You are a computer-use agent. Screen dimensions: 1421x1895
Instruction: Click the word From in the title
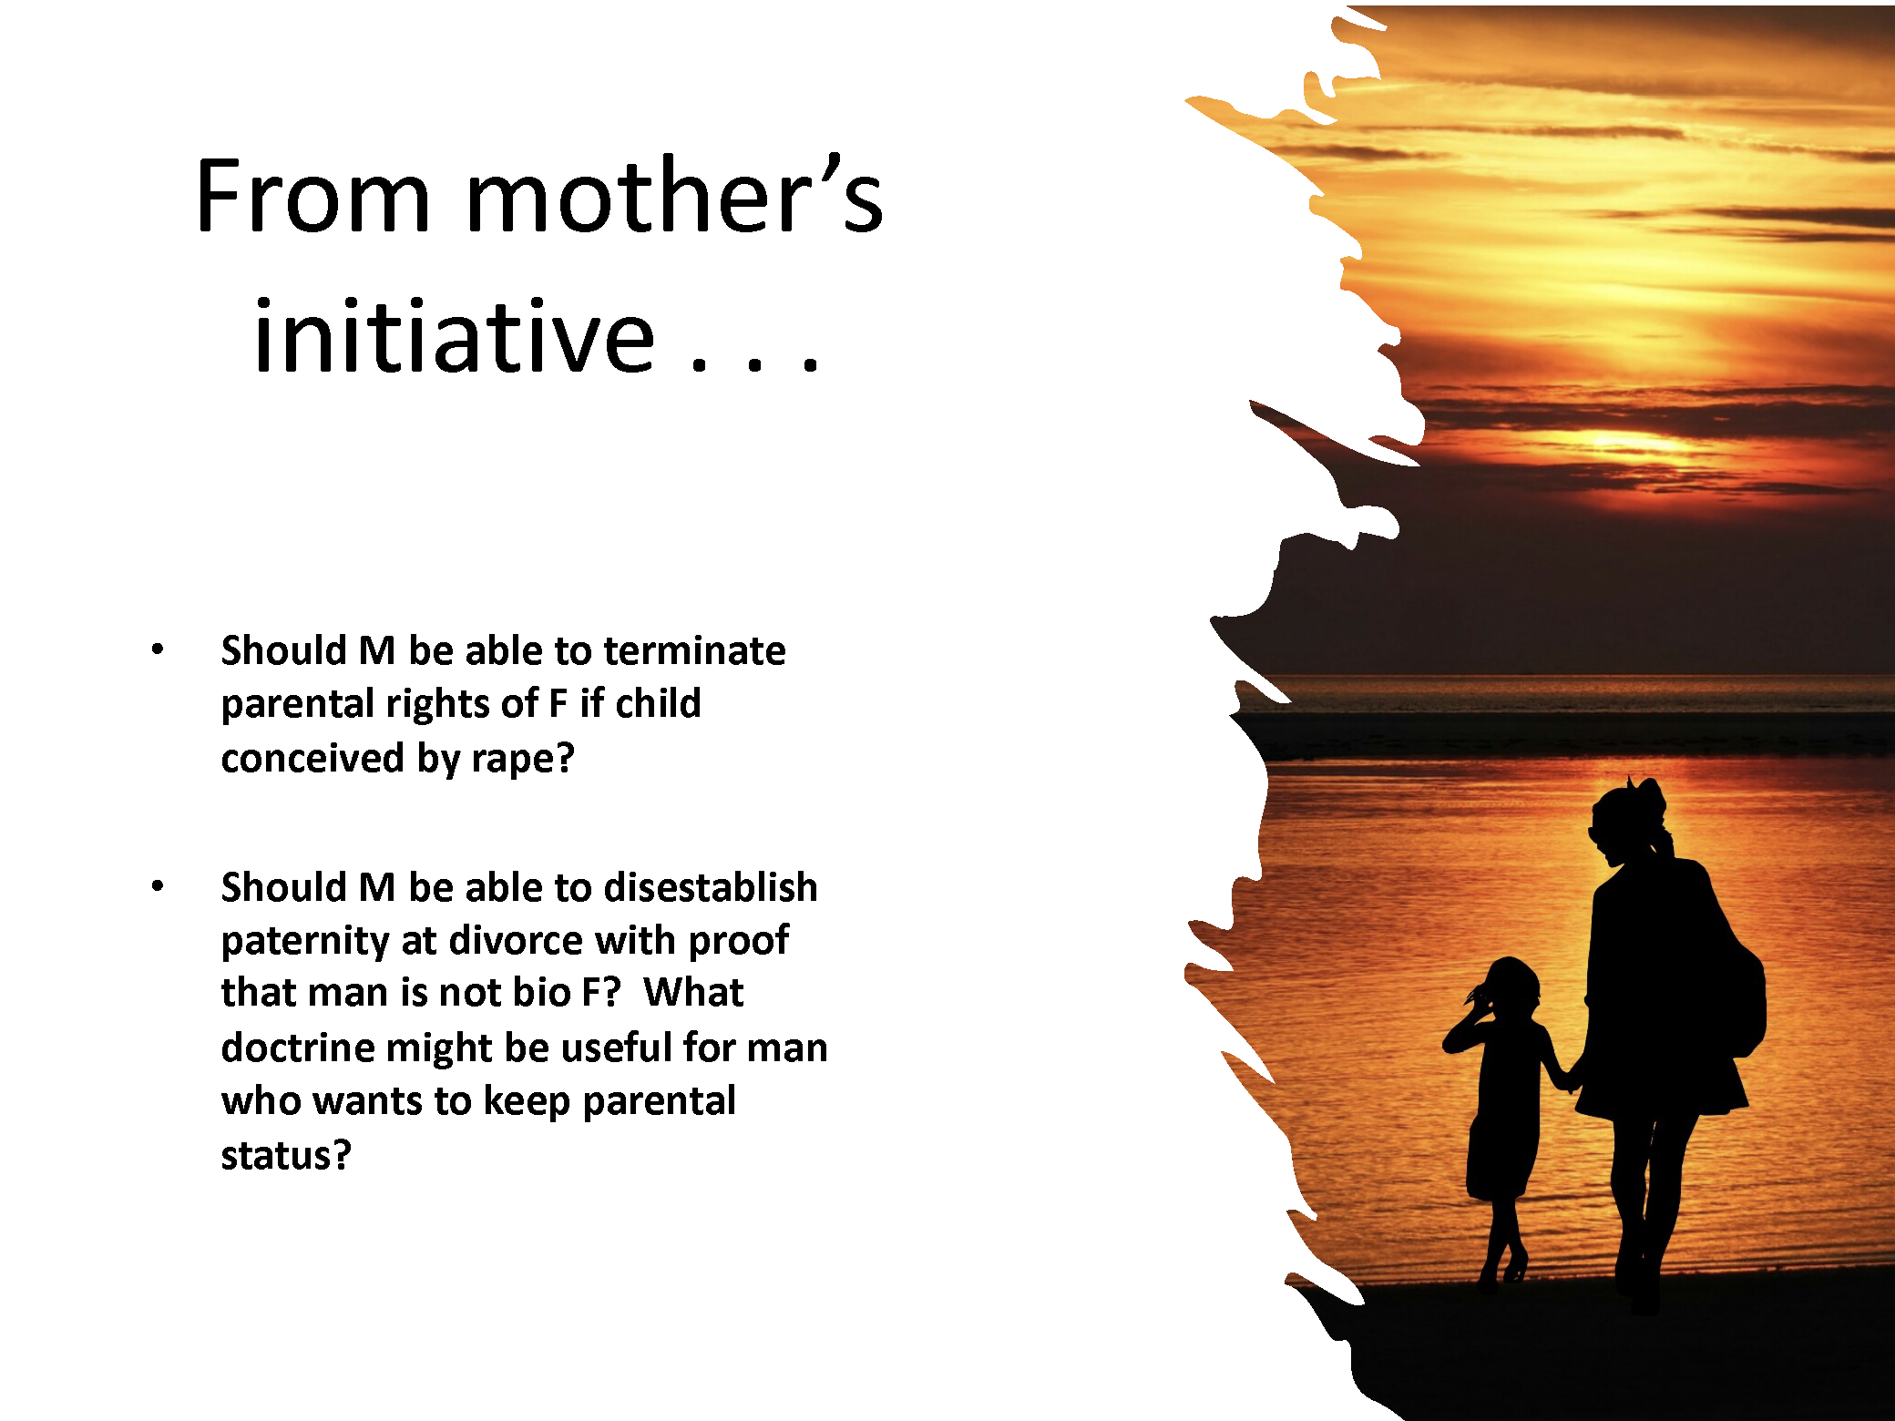pos(312,196)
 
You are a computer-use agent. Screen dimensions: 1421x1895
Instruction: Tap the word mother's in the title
pos(674,196)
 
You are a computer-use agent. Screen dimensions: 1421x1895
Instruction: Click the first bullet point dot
pos(158,649)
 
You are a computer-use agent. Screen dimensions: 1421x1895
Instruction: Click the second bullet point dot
pos(158,885)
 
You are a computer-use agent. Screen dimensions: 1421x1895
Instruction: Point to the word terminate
pos(694,650)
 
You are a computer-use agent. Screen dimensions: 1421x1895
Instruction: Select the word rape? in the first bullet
pos(523,758)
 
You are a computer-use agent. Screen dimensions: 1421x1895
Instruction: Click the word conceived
pos(312,758)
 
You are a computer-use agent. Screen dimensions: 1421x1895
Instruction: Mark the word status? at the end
pos(286,1155)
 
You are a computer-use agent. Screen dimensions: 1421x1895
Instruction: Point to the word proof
pos(739,941)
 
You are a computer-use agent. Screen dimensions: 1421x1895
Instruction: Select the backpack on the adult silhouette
pos(1736,993)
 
